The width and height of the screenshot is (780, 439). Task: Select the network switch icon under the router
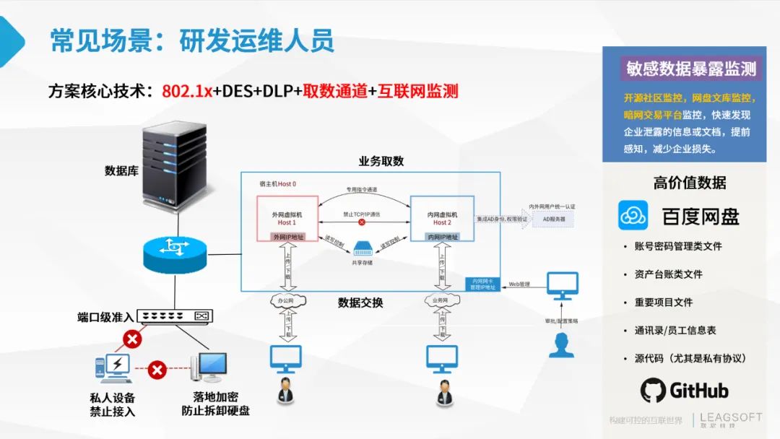click(174, 316)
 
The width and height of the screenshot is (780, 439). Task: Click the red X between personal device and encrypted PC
click(157, 370)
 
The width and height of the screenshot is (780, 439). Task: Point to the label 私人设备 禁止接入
click(113, 404)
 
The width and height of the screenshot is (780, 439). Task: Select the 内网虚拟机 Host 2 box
click(441, 218)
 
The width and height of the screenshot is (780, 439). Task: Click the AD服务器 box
click(553, 218)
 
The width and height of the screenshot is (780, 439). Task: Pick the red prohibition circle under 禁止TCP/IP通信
click(362, 222)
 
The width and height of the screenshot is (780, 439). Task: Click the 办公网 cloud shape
click(287, 300)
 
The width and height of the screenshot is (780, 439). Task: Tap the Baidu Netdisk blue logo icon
click(636, 216)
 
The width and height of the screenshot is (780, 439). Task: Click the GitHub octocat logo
click(653, 391)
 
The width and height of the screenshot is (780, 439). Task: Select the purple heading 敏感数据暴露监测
click(691, 69)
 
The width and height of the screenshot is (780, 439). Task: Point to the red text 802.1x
click(186, 92)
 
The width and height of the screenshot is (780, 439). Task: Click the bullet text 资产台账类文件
click(668, 274)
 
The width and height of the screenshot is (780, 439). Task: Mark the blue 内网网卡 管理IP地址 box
click(481, 284)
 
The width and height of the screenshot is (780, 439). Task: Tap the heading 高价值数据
click(690, 183)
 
